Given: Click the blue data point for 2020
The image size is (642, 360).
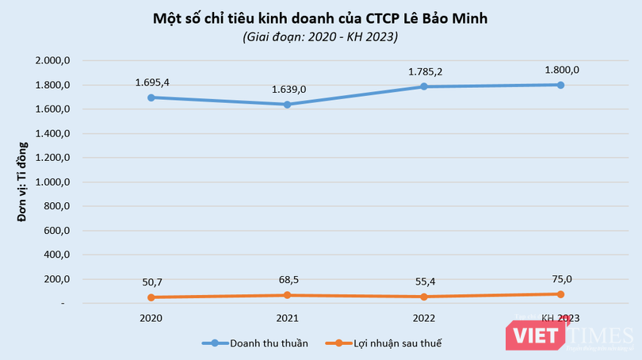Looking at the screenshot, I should coord(151,98).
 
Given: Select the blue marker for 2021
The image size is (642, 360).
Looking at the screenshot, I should coord(287,104).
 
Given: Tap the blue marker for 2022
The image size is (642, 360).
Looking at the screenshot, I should coord(424,86).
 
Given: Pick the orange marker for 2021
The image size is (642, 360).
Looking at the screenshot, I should coord(287,295).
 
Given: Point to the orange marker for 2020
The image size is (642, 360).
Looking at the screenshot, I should coord(151,297).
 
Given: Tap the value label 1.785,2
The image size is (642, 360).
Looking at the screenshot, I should coord(424,71).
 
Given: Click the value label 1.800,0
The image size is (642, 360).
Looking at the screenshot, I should coord(561,70).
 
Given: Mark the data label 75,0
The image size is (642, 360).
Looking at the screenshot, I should coord(561,278).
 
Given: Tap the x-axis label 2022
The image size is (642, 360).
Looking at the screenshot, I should coord(424,317).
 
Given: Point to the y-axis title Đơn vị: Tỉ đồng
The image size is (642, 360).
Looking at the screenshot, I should coord(23,182).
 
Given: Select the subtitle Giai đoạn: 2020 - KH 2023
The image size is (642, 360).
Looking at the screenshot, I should coord(321,36).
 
